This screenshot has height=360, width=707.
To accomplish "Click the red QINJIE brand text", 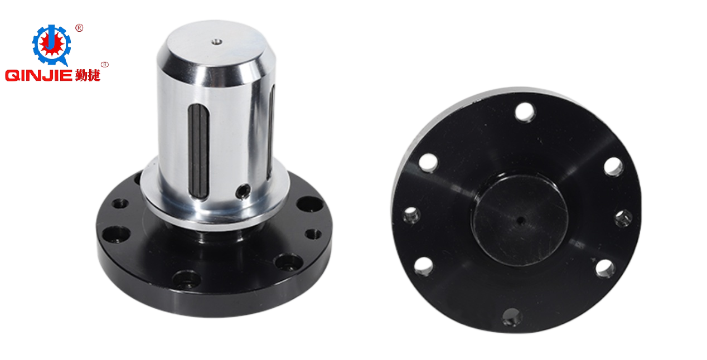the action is pos(39,76).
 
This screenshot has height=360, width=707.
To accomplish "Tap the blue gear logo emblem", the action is pos(51,45).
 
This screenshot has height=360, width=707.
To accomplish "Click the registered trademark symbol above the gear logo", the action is pos(79,28).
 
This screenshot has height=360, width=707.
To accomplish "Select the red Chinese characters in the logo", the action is pos(88,75).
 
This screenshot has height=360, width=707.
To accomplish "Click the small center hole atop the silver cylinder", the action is pos(216,41).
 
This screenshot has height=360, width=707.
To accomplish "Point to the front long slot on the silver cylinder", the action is pos(198,151).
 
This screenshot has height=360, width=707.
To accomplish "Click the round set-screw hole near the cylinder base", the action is pos(243,191).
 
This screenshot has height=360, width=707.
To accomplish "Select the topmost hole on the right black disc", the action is pos(525,112).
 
